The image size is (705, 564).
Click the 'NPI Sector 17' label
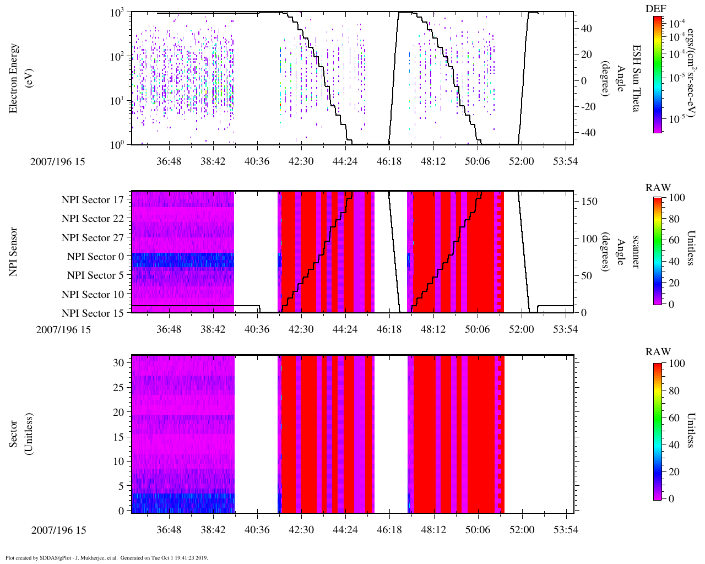pos(93,200)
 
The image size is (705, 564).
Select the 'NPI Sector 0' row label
pos(95,257)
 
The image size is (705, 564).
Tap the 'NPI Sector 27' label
pos(93,238)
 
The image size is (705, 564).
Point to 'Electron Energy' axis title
pos(14,78)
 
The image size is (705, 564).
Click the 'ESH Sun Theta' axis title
pos(636,78)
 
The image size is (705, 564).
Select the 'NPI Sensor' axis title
pos(14,252)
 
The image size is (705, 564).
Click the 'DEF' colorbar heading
pos(656,8)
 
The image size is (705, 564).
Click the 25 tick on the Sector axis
pos(118,388)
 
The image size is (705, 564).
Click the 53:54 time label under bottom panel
pos(565,530)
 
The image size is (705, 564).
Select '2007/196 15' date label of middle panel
pos(63,330)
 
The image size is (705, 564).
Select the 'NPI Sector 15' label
pos(93,313)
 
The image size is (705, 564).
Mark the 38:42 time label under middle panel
pos(213,329)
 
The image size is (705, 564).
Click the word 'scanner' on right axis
pos(636,252)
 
